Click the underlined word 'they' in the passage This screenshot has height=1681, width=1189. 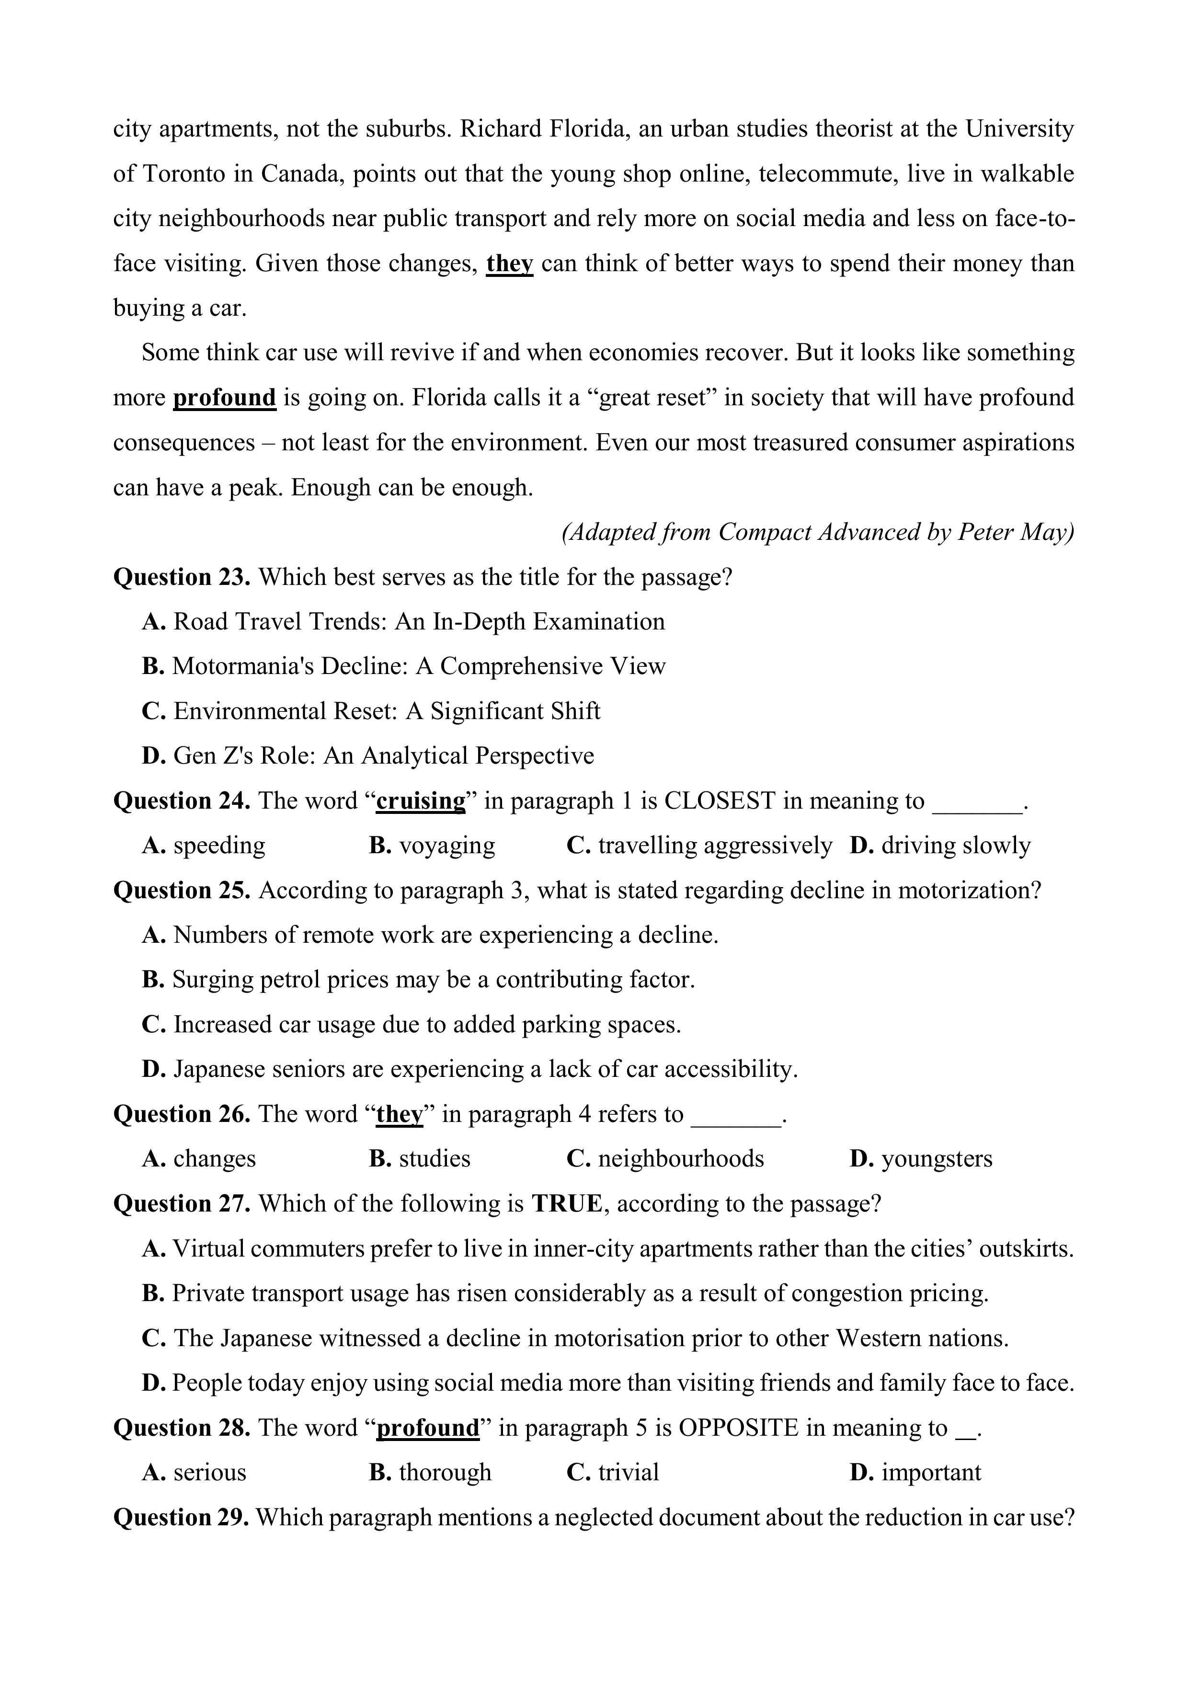(510, 263)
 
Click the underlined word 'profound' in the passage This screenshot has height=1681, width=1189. (224, 398)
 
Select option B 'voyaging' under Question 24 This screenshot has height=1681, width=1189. (446, 846)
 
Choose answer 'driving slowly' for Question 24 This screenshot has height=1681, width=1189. (955, 846)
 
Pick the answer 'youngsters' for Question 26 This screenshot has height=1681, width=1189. (937, 1159)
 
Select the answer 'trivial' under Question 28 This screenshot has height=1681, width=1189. (628, 1472)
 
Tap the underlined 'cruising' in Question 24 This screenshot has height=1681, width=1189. (421, 801)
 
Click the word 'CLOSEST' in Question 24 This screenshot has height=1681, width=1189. (719, 801)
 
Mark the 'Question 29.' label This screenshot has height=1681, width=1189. (181, 1518)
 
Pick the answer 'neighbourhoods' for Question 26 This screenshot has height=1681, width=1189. (681, 1159)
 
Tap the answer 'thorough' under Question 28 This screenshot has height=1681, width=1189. (445, 1472)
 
